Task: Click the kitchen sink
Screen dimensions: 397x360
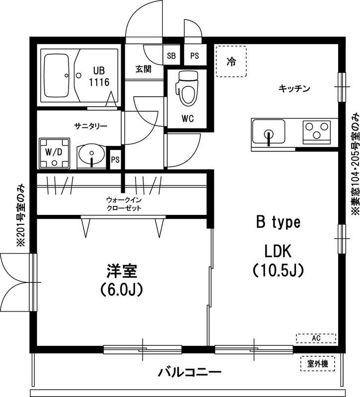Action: coord(268,133)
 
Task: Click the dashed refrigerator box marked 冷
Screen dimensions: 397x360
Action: coord(231,62)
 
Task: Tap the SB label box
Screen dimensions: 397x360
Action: coord(172,56)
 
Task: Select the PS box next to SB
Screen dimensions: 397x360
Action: coord(194,56)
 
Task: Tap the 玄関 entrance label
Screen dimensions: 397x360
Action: coord(144,69)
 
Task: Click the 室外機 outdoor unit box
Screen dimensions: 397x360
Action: coord(317,364)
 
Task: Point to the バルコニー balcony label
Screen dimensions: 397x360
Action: coord(189,372)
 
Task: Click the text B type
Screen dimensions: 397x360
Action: coord(278,222)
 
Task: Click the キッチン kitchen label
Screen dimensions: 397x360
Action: coord(294,89)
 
